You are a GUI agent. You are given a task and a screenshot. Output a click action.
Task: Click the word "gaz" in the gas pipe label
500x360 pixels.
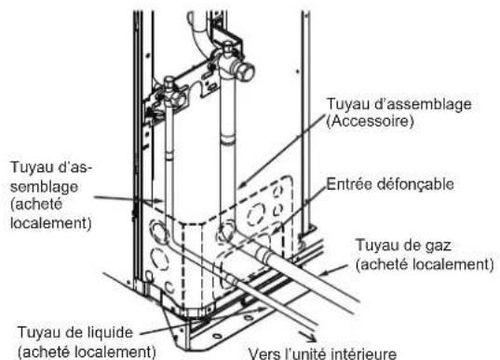pyautogui.click(x=438, y=248)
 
